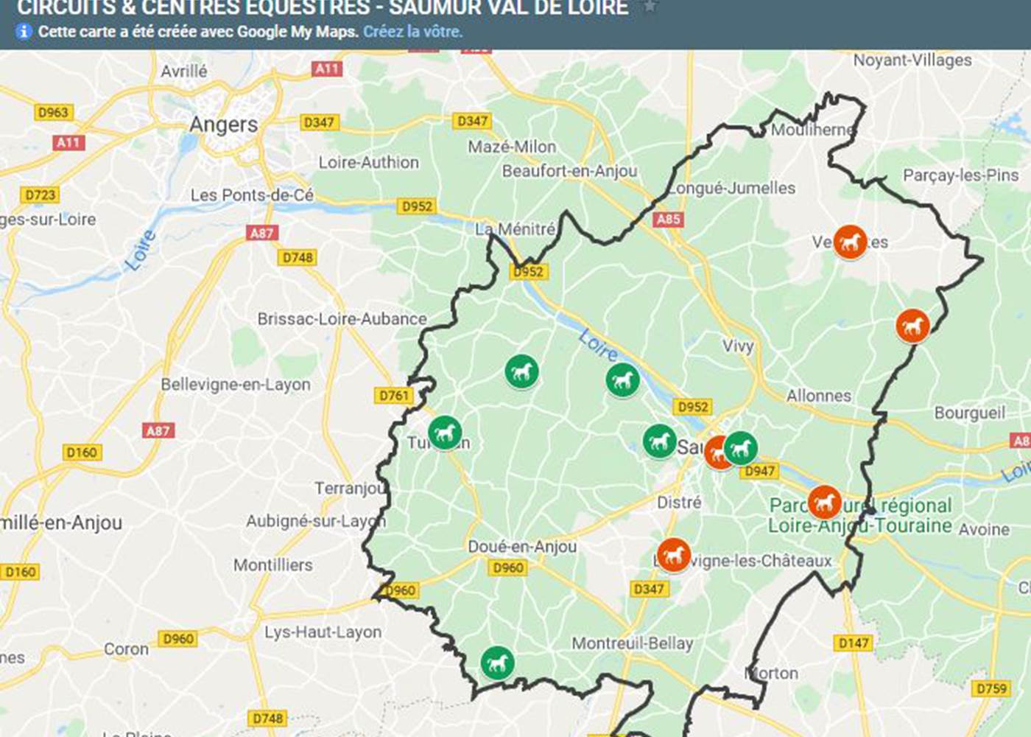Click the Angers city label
(224, 125)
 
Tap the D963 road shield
(53, 112)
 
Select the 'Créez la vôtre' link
(412, 32)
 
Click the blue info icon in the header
(24, 32)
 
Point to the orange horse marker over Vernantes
(850, 241)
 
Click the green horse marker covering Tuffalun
(445, 433)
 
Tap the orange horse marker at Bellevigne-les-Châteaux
(673, 555)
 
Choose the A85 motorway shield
(668, 219)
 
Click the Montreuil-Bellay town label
(633, 643)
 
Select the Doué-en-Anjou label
(522, 546)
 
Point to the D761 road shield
(394, 396)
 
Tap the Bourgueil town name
(969, 413)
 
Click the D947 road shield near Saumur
(759, 471)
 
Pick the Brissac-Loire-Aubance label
(342, 319)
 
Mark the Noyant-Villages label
(912, 60)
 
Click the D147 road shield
(854, 643)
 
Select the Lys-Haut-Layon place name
(323, 632)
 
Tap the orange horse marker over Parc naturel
(824, 502)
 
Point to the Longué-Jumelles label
(732, 188)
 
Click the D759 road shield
(990, 688)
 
